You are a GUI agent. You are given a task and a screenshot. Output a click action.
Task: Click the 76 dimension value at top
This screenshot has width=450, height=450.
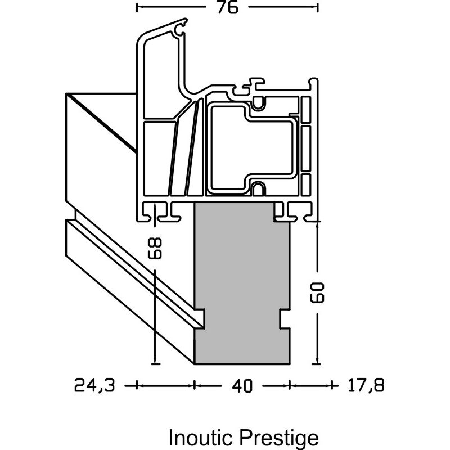(226, 7)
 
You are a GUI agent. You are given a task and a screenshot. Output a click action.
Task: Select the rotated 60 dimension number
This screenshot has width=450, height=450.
(318, 293)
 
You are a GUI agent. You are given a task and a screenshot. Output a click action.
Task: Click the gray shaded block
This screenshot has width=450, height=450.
(242, 270)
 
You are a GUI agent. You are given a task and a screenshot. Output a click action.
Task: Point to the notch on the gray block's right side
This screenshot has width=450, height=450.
(284, 318)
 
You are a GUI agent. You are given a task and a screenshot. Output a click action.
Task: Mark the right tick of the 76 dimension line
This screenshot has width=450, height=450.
(318, 7)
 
